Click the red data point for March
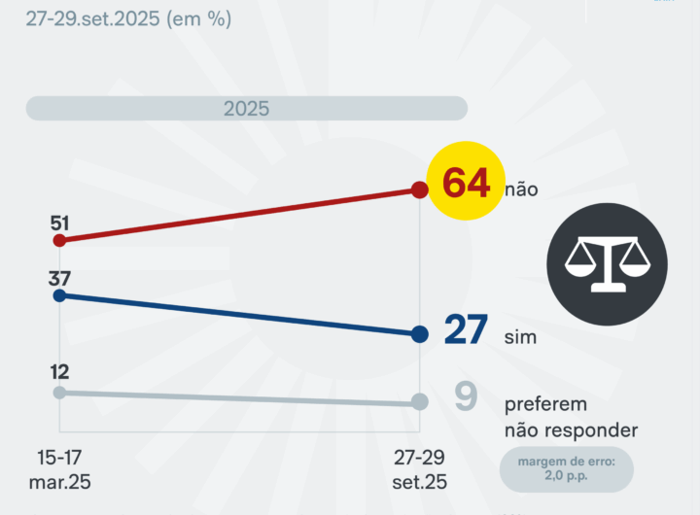59,240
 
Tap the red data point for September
419,189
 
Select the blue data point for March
59,295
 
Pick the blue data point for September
419,334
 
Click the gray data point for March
59,393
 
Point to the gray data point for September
419,402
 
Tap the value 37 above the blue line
59,276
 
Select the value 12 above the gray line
59,372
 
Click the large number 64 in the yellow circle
466,183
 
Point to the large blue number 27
466,330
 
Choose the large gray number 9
466,396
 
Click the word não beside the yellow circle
521,189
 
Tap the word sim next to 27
521,338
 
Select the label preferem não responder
571,417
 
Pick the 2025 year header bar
247,109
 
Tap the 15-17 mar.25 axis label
59,469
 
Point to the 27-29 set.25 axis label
419,469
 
